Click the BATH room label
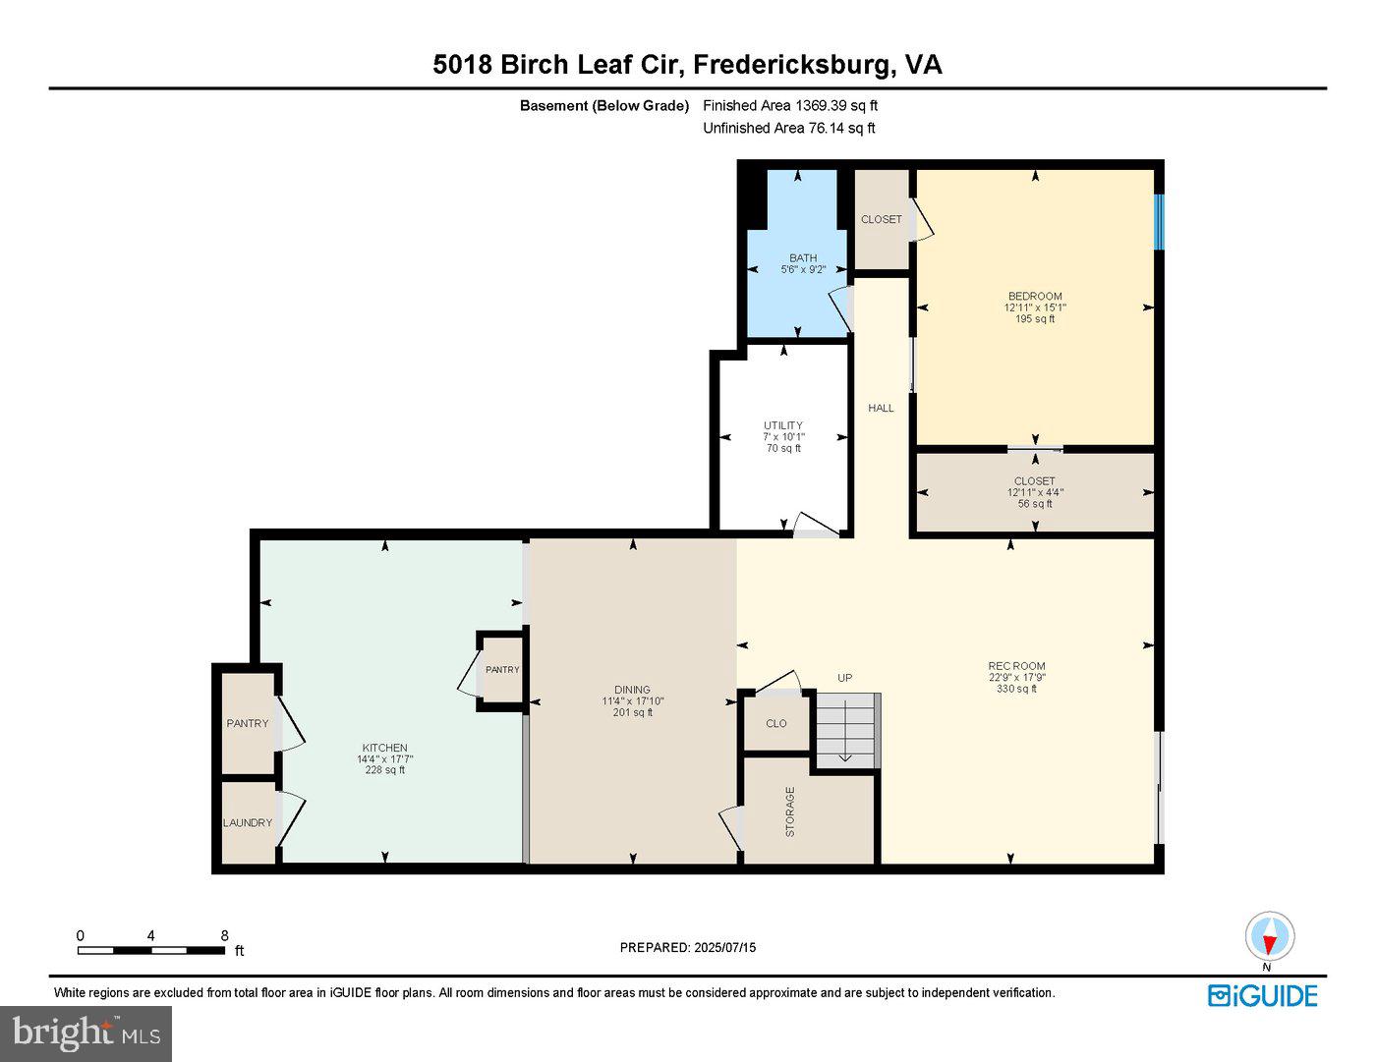pos(802,258)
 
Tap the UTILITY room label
pos(783,425)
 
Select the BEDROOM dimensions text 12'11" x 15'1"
pos(1034,307)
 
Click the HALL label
pos(881,408)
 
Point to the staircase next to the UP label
pos(846,729)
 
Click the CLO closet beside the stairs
pos(776,723)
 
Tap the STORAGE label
pos(790,811)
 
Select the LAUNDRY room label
pos(248,822)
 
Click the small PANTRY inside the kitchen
pos(502,670)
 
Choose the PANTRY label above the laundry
pos(248,723)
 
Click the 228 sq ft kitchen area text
pos(384,770)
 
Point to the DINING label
pos(632,690)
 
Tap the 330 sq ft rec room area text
pos(1016,689)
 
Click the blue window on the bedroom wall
pos(1159,222)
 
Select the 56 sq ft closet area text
pos(1034,504)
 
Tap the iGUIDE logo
pos(1262,995)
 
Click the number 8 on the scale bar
pos(224,936)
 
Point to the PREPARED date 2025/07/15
pos(688,948)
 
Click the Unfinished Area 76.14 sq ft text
pos(788,128)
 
